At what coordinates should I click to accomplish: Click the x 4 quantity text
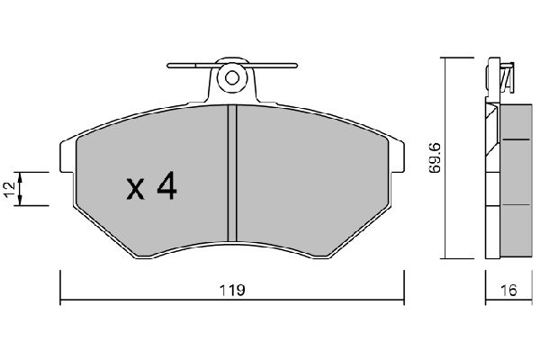[151, 187]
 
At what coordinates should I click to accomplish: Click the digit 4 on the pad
[167, 186]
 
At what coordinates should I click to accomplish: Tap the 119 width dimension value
[232, 291]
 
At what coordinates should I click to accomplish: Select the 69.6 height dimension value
[436, 157]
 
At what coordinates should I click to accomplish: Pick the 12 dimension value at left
[9, 188]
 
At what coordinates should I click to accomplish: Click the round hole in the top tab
[231, 78]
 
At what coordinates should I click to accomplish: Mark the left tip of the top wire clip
[170, 65]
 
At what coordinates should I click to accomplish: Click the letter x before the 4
[135, 189]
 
